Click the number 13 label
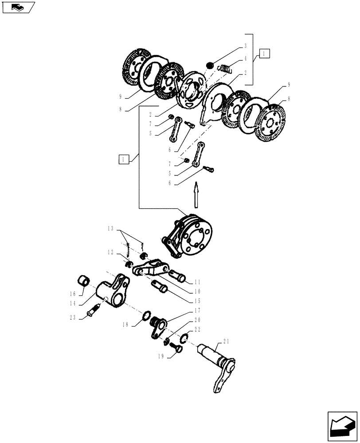click(x=110, y=229)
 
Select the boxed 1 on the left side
click(x=124, y=159)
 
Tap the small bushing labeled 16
click(x=84, y=280)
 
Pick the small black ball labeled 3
click(x=210, y=65)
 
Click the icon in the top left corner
click(x=18, y=7)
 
